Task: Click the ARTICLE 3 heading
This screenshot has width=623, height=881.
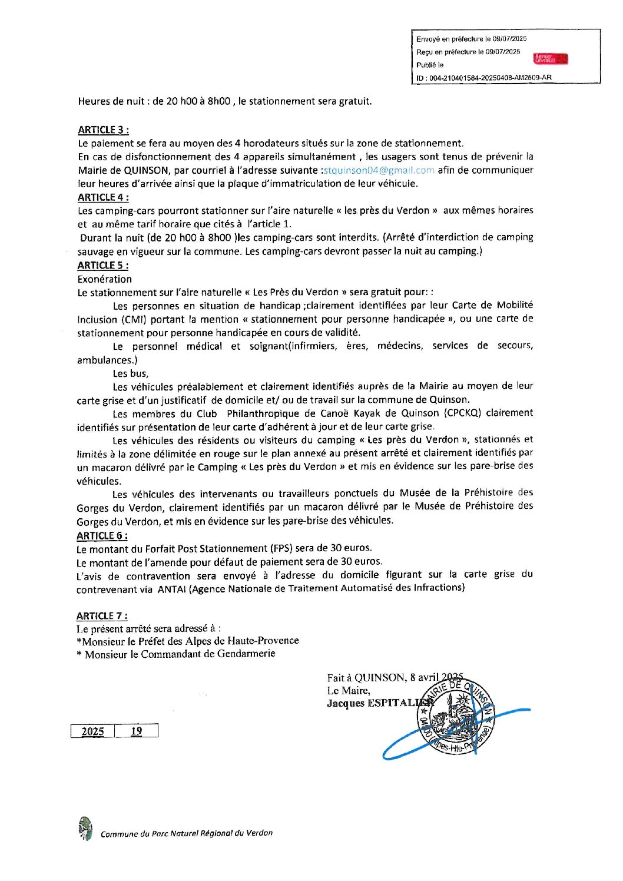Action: [103, 130]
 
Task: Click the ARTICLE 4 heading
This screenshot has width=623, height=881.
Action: [103, 197]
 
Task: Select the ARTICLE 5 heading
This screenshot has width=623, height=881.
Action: [102, 265]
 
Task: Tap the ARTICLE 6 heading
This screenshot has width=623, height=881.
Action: [102, 535]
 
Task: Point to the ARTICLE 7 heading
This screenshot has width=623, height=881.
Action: [101, 615]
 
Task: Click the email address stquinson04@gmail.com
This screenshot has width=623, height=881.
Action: [379, 170]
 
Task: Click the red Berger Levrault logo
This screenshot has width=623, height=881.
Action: [550, 59]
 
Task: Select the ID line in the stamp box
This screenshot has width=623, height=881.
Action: [483, 78]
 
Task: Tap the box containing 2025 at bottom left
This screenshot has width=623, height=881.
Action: [92, 731]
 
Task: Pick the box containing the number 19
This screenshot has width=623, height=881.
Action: [136, 731]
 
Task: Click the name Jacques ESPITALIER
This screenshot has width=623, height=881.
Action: [377, 703]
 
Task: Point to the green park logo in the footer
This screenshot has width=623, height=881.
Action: [85, 828]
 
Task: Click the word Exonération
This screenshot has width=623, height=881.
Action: [105, 279]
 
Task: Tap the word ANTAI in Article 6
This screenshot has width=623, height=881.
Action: [171, 588]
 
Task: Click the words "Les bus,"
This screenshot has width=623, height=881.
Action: [131, 373]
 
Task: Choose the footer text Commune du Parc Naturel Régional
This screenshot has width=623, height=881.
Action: [187, 833]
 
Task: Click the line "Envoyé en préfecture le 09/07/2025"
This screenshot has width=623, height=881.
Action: [471, 39]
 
